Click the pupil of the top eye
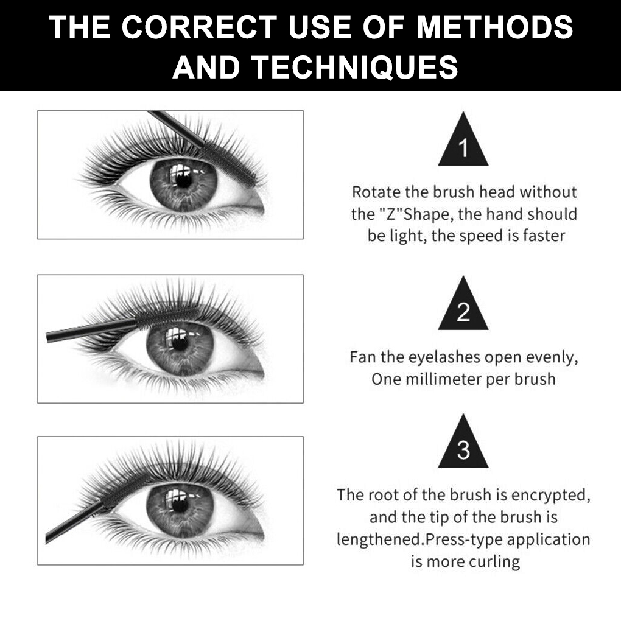183,181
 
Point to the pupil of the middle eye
180,344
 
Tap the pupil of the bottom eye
180,505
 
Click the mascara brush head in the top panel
228,163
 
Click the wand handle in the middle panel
91,330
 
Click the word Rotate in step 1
376,192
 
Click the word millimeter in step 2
443,379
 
